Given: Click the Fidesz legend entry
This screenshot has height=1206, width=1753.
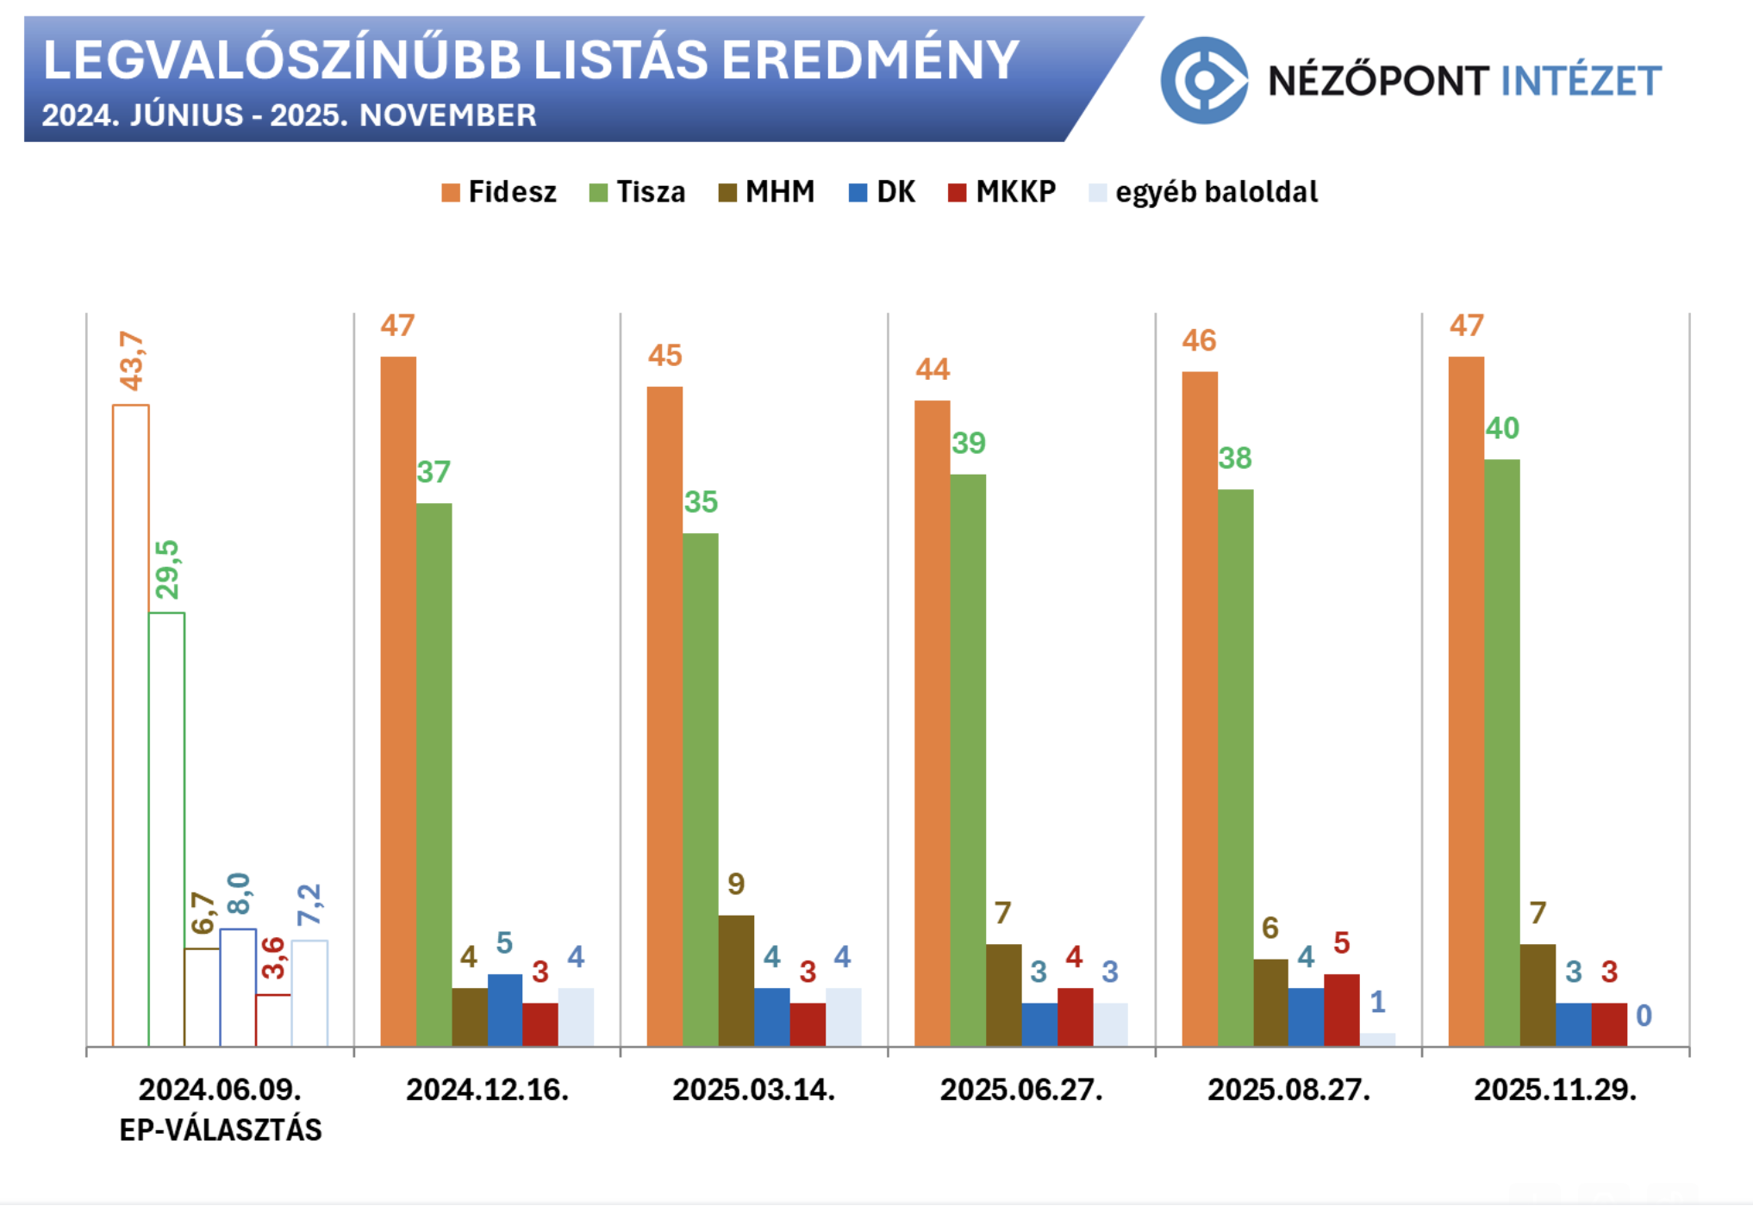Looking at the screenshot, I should point(499,191).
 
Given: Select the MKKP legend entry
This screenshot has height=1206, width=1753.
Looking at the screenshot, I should point(1001,191).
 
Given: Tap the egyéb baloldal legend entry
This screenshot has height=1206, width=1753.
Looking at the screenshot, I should point(1204,191).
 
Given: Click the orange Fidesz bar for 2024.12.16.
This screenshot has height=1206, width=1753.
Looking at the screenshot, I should point(398,701).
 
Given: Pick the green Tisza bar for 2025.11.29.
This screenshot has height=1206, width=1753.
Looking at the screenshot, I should point(1502,753).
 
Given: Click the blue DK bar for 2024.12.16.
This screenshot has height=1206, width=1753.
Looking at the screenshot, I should point(505,1010).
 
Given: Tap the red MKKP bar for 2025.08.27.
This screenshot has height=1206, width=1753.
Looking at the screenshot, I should point(1341,1010).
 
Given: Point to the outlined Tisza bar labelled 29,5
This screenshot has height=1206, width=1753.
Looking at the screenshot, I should point(166,829).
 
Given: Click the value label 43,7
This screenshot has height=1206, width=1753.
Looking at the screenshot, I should point(132,361).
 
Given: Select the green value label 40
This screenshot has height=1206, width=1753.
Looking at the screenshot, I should point(1502,428).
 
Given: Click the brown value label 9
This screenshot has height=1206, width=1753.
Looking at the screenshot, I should point(736,884).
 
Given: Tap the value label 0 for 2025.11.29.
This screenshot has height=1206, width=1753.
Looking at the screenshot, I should point(1644,1016).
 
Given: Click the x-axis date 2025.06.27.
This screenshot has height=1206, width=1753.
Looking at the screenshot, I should point(1021,1090).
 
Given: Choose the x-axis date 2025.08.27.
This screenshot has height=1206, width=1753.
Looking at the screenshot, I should point(1288,1090).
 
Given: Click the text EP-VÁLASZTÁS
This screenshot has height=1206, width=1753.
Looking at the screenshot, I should point(220,1129).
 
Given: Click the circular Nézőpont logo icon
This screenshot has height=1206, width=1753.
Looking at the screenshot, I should point(1204,80).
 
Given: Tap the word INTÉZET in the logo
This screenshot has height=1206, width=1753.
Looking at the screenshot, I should point(1581,81).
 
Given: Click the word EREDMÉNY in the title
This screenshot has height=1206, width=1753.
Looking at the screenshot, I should point(870,60).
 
